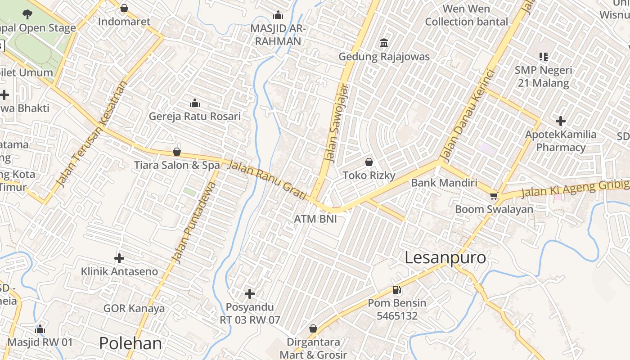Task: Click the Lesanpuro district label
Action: point(445,258)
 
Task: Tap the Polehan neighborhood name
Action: point(130,343)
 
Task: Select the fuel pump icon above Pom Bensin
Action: point(396,290)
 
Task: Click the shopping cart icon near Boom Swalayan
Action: point(494,196)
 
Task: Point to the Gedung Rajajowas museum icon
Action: point(384,43)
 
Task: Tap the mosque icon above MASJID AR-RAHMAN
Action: point(278,15)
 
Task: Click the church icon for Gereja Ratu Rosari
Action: point(195,103)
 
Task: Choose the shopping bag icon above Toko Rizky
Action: point(369,162)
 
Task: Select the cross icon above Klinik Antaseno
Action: point(119,258)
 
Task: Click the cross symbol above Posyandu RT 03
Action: point(250,294)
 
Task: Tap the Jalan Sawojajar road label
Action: point(337,122)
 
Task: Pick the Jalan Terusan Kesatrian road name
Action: point(91,134)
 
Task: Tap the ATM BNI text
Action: point(315,219)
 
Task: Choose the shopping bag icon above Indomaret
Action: point(124,8)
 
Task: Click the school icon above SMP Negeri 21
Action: point(544,57)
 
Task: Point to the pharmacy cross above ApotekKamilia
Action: point(560,121)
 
